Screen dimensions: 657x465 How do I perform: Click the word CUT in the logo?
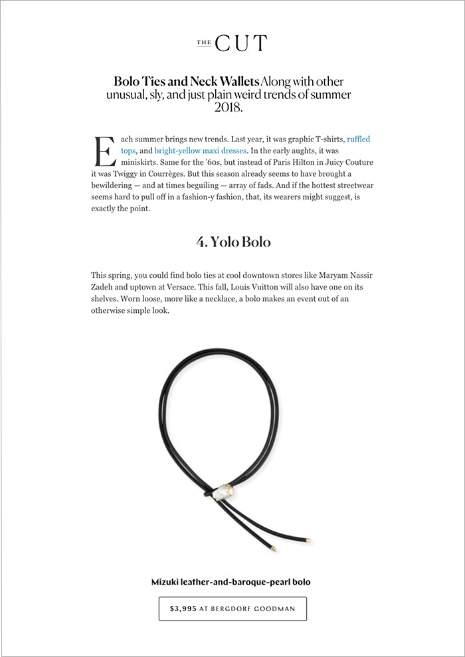[x=240, y=44]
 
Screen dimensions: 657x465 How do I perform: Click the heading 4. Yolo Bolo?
[x=233, y=242]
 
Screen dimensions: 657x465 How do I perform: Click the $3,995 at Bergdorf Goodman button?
[x=232, y=609]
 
